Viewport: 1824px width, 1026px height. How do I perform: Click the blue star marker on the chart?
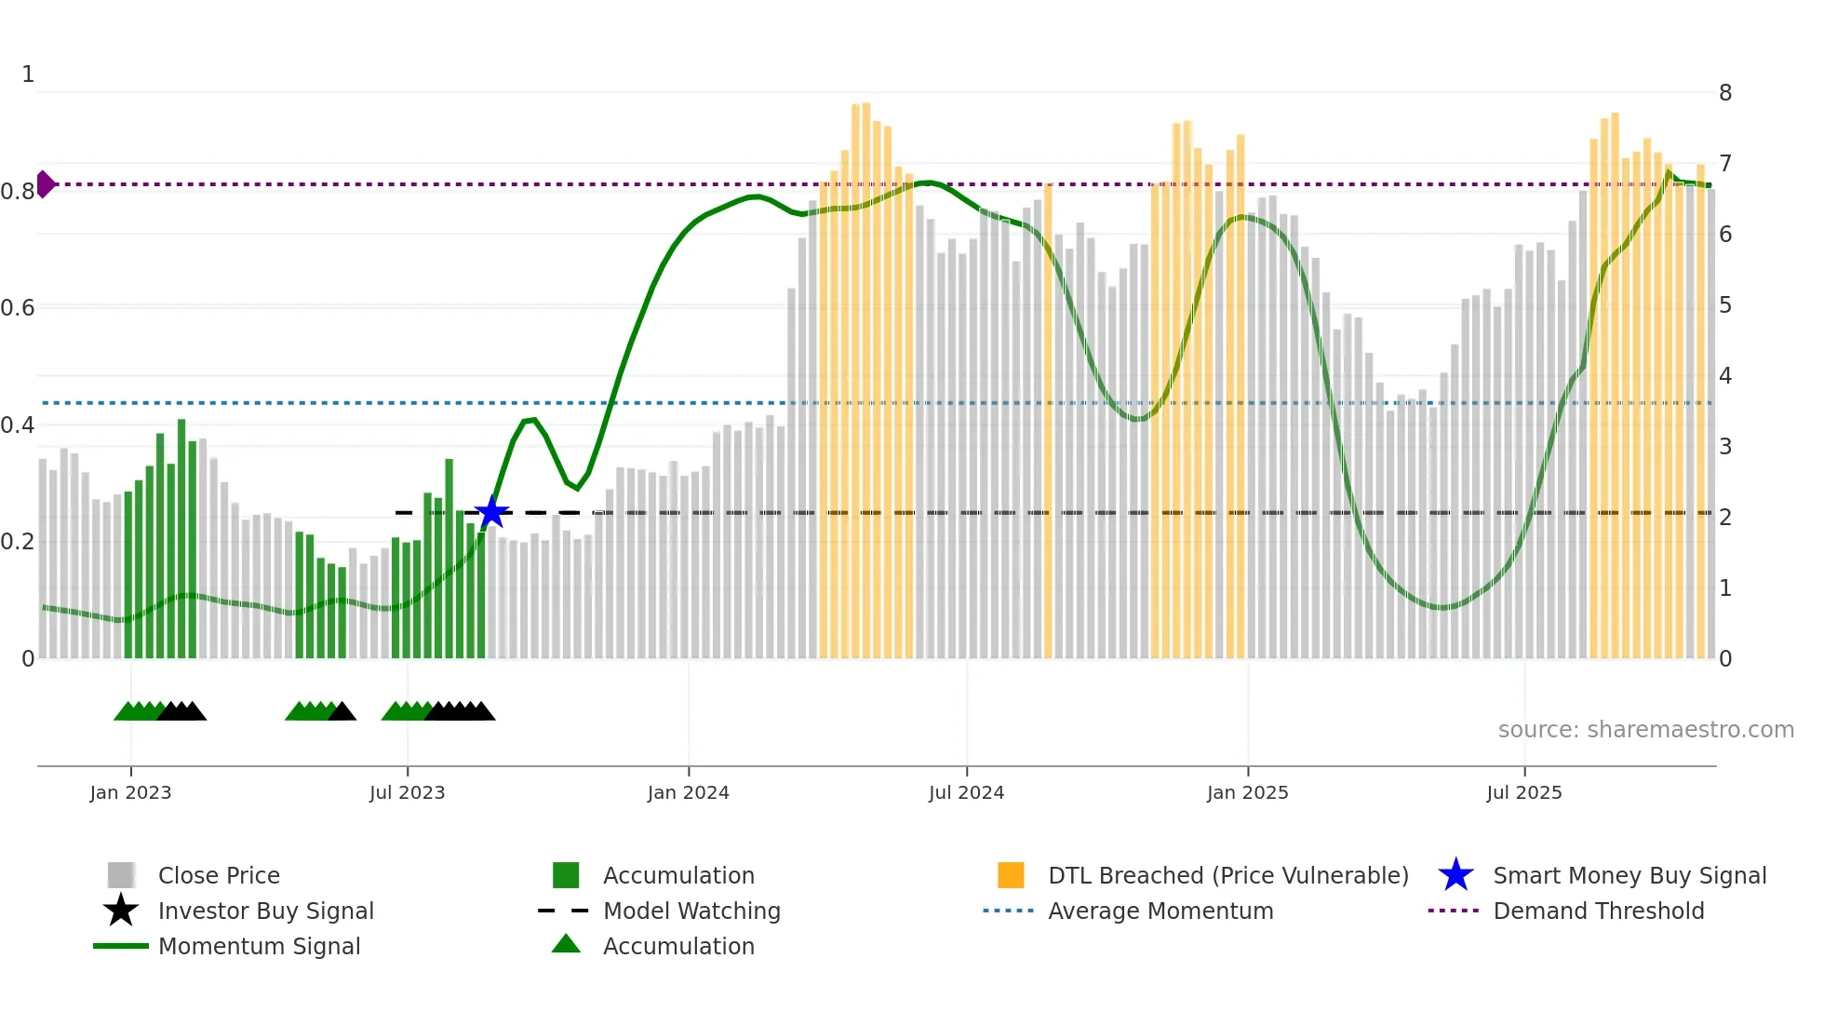coord(491,512)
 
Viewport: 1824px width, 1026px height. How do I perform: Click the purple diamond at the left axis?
coord(45,184)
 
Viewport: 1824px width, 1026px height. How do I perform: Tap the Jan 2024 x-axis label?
coord(688,792)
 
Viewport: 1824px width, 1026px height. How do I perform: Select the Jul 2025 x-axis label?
coord(1523,792)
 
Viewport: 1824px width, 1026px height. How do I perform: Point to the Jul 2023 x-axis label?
coord(407,792)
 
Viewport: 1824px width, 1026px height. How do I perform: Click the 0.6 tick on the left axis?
coord(18,307)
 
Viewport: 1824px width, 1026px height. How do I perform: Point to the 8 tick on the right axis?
coord(1724,93)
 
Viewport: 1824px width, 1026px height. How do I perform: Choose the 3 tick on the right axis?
coord(1724,447)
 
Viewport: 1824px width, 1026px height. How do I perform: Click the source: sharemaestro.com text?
coord(1645,729)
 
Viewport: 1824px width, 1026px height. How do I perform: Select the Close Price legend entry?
coord(219,875)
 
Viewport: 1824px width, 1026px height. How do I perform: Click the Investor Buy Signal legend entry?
coord(265,911)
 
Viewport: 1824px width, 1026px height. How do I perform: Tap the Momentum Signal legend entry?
coord(259,946)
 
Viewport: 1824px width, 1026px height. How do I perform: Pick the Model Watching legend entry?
coord(691,911)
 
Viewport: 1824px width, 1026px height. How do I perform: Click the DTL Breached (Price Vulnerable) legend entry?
coord(1227,875)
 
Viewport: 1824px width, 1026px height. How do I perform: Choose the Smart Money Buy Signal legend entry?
coord(1629,875)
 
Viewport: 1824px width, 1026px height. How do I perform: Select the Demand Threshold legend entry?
coord(1598,911)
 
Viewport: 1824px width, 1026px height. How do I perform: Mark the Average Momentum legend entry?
coord(1160,911)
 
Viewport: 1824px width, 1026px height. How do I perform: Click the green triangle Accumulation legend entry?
coord(678,946)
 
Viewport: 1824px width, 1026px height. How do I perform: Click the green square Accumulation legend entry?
coord(678,875)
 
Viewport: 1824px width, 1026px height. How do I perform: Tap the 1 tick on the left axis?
coord(28,74)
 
